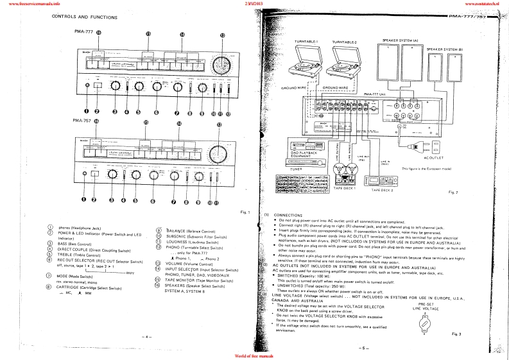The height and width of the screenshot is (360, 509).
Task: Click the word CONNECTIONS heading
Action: pyautogui.click(x=287, y=214)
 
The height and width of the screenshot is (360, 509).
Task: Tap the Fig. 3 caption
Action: pyautogui.click(x=456, y=334)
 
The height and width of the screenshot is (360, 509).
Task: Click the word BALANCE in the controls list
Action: pyautogui.click(x=173, y=229)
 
